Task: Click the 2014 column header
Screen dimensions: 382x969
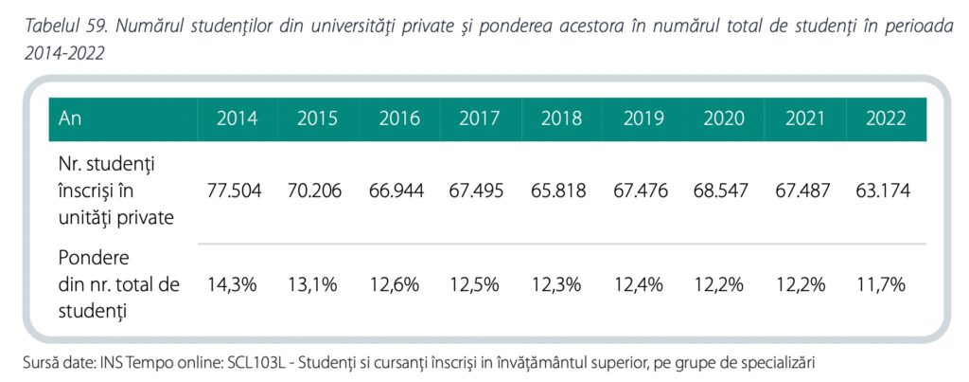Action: (238, 119)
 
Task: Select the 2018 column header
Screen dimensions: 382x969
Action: (562, 119)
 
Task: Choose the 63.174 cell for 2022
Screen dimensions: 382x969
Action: (884, 191)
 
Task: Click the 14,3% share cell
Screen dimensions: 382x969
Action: (232, 284)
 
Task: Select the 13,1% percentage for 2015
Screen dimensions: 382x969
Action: (312, 284)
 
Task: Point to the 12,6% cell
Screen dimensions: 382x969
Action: (394, 284)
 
